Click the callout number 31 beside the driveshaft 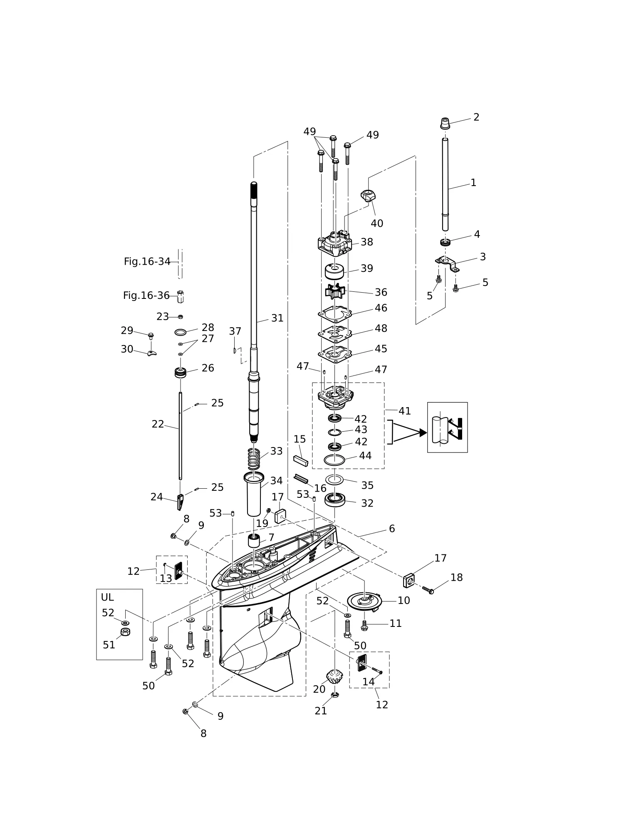[x=277, y=318]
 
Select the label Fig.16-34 [x=147, y=261]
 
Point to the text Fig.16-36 [x=146, y=296]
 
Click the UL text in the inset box [x=107, y=597]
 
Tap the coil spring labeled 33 [x=254, y=459]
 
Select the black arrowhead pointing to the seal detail [x=423, y=432]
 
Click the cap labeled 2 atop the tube [x=445, y=124]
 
